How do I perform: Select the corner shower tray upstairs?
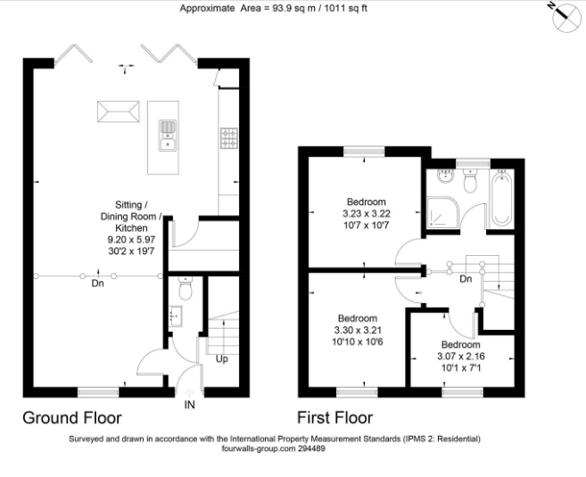tap(442, 212)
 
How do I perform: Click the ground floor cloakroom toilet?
tap(185, 290)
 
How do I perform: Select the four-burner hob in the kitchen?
tap(228, 137)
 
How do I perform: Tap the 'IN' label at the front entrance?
tap(189, 404)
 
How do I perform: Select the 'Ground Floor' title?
tap(71, 417)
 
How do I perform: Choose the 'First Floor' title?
tap(335, 417)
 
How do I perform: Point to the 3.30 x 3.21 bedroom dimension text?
tap(358, 330)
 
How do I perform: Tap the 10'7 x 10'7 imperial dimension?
tap(367, 226)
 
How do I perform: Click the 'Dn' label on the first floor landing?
tap(465, 278)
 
